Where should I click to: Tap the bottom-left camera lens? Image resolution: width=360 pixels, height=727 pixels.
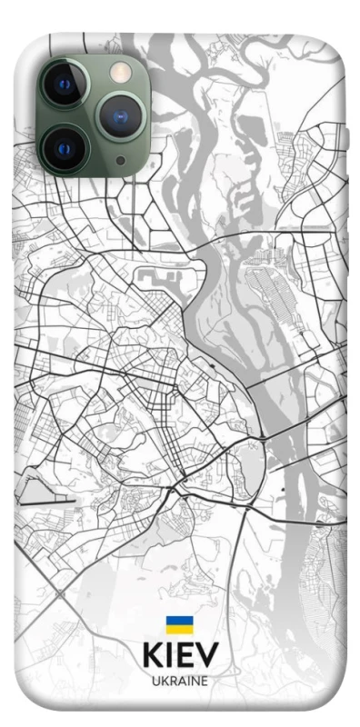pos(64,147)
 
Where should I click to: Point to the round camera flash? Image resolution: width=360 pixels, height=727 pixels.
pos(118,71)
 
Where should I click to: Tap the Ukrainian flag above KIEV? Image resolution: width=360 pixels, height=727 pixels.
pos(179,625)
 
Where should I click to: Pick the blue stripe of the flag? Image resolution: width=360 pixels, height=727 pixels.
pos(179,621)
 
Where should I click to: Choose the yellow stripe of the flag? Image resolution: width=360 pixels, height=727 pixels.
pos(179,630)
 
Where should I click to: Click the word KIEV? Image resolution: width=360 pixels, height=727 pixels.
pos(180,655)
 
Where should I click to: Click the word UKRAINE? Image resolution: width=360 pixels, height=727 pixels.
pos(180,680)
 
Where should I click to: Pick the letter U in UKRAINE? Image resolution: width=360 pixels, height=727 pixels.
pos(155,680)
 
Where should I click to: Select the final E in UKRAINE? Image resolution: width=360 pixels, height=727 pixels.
pos(205,680)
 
